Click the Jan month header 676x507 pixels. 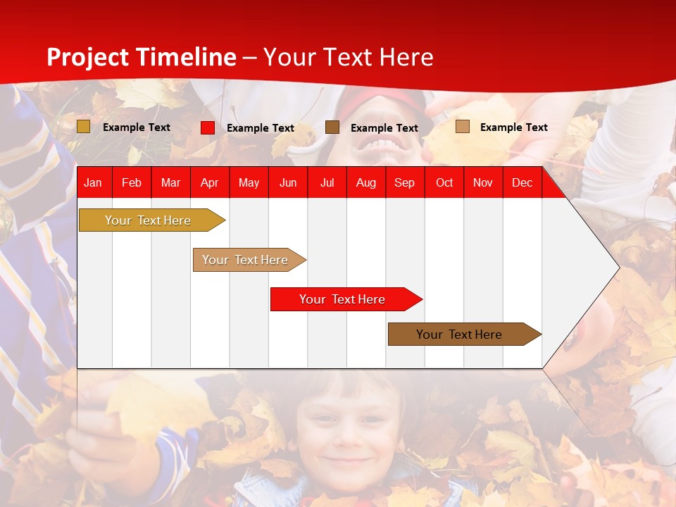(93, 183)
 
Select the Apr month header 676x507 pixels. (210, 183)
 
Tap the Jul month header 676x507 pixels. (327, 183)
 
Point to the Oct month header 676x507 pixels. (444, 183)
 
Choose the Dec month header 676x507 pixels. (522, 183)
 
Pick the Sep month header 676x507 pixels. (404, 183)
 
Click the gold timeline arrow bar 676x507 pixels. (152, 220)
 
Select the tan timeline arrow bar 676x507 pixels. (249, 260)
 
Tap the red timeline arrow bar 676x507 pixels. (346, 299)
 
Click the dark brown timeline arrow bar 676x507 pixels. (465, 334)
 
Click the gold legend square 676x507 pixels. (83, 127)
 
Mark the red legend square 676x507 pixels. (208, 127)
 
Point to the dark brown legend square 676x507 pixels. (332, 127)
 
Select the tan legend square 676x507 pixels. (463, 126)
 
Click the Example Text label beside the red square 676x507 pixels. (261, 128)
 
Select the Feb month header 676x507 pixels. (132, 183)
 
